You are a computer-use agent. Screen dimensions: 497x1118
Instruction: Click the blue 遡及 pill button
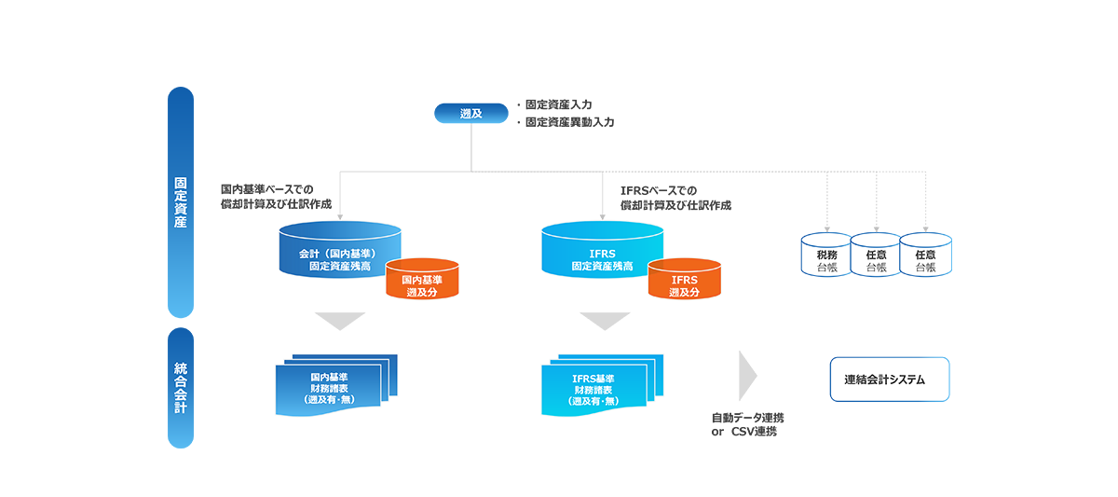(470, 114)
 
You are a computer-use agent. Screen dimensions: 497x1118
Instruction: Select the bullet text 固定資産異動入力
(569, 122)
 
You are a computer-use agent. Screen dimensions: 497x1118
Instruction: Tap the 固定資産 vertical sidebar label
(180, 203)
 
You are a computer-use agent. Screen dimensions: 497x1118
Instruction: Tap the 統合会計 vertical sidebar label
(180, 387)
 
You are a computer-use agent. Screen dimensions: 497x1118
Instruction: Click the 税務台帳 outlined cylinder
(826, 256)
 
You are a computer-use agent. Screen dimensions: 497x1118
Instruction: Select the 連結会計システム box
(889, 380)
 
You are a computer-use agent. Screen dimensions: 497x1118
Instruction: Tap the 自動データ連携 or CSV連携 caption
(746, 425)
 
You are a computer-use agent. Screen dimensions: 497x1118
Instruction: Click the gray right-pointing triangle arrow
(746, 375)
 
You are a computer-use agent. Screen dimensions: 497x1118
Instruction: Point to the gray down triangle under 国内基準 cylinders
(339, 320)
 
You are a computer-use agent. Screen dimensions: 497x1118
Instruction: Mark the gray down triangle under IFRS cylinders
(605, 320)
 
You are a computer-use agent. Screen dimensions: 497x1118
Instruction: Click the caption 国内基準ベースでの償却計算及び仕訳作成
(276, 197)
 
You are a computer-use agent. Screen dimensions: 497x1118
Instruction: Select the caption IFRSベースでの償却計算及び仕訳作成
(675, 198)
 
